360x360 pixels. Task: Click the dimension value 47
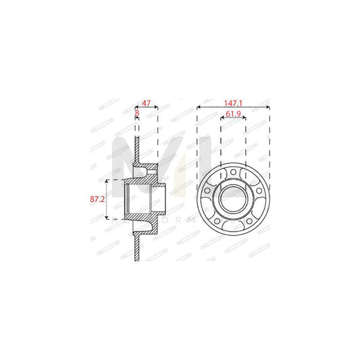tap(146, 105)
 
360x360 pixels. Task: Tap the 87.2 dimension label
tap(99, 200)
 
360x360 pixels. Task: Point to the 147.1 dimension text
tap(233, 105)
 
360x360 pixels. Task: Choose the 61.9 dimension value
tap(233, 115)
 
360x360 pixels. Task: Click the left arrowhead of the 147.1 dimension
tap(199, 110)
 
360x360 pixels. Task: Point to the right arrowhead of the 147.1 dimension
tap(268, 110)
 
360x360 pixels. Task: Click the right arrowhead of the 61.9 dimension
tap(245, 120)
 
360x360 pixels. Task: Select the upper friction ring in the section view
tap(137, 149)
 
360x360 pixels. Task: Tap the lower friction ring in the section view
tap(137, 250)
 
